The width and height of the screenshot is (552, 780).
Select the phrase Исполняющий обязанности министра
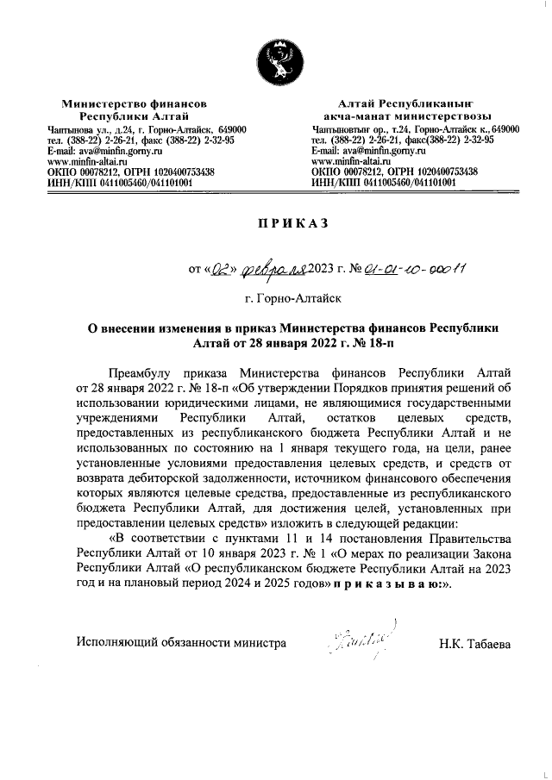click(x=179, y=643)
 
